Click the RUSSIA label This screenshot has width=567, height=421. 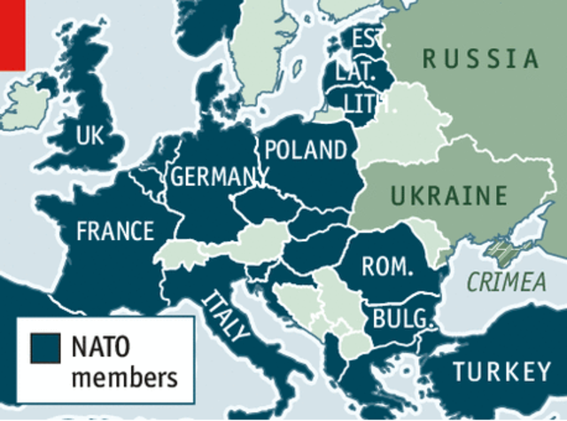pyautogui.click(x=480, y=59)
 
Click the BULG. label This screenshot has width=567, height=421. pyautogui.click(x=403, y=318)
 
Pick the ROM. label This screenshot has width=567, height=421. pyautogui.click(x=388, y=265)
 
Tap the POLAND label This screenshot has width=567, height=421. pyautogui.click(x=305, y=149)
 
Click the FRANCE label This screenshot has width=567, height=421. pyautogui.click(x=115, y=231)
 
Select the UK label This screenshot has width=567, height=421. pyautogui.click(x=90, y=136)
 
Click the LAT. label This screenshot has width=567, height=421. pyautogui.click(x=357, y=70)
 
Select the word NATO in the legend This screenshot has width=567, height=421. pyautogui.click(x=103, y=346)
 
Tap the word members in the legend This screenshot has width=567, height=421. pyautogui.click(x=123, y=378)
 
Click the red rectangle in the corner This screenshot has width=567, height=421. pyautogui.click(x=12, y=34)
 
